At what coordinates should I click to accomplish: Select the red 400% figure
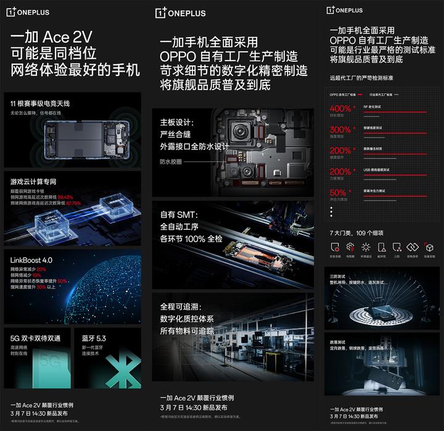pos(340,109)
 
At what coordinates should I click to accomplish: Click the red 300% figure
pos(340,130)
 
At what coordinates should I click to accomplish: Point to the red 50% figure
pos(338,193)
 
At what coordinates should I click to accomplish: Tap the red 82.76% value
pos(73,203)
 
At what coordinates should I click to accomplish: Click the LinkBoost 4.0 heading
pos(31,260)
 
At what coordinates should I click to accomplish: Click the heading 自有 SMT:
pos(178,215)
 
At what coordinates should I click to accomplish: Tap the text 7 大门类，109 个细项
pos(356,233)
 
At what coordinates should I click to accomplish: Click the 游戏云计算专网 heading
pos(33,182)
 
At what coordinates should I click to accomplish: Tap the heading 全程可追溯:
pos(181,306)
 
